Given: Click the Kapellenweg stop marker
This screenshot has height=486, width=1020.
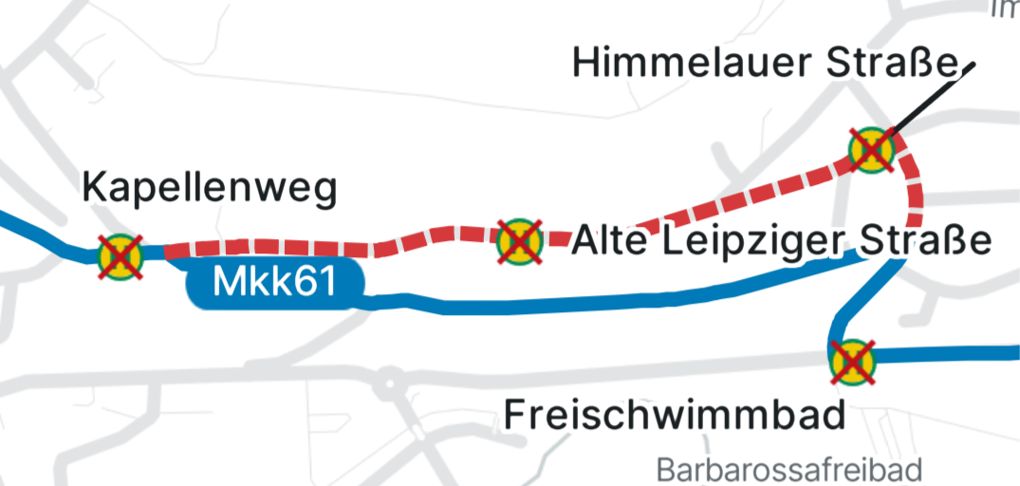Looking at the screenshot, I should coord(121,255).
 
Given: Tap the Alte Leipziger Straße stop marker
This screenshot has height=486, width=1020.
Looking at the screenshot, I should coord(519,241).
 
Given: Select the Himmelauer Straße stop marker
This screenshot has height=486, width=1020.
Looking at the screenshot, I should coord(871,150).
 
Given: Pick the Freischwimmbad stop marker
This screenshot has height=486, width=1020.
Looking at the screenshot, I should coord(852,362).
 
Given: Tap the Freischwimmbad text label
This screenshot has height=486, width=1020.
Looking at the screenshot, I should coord(674,415).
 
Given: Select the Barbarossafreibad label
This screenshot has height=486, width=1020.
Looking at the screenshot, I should coord(789,469).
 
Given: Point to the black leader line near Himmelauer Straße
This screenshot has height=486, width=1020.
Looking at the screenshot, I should coord(930,99).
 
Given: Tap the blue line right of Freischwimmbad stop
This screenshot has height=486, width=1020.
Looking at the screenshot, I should coord(949,355).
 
